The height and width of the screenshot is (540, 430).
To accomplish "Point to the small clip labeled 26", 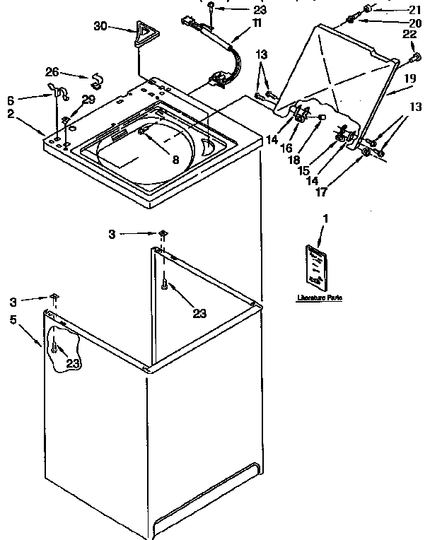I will pyautogui.click(x=93, y=78).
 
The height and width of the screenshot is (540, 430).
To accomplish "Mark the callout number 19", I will pyautogui.click(x=410, y=81).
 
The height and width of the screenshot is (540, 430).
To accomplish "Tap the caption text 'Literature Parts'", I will pyautogui.click(x=319, y=299).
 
